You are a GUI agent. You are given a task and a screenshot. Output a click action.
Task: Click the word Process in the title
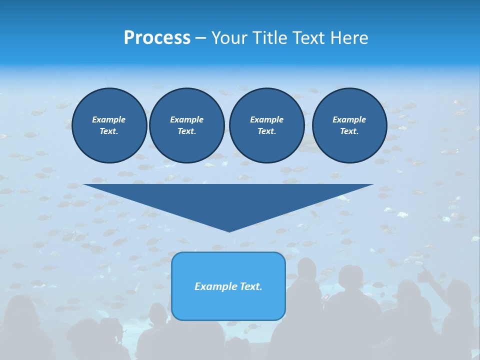(x=157, y=38)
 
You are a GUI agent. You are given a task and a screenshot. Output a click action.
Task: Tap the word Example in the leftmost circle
(x=109, y=119)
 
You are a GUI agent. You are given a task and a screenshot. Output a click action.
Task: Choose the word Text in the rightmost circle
(x=349, y=131)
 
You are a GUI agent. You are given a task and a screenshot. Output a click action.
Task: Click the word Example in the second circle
(x=186, y=119)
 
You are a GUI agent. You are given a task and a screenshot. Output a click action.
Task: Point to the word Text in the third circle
(x=266, y=131)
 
